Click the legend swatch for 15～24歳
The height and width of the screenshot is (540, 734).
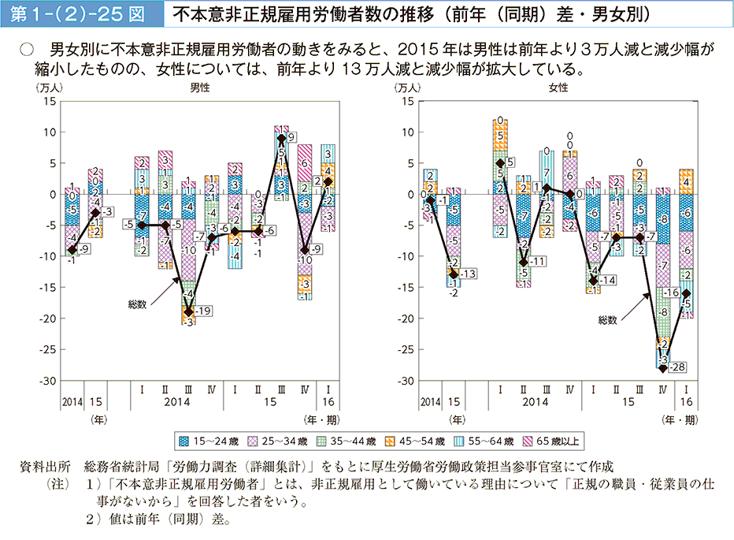[x=183, y=440]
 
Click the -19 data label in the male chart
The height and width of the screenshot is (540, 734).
[x=204, y=311]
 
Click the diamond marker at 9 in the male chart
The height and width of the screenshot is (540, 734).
[x=281, y=138]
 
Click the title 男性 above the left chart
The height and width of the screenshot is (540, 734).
[x=199, y=88]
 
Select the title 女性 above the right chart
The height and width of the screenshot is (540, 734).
[x=558, y=88]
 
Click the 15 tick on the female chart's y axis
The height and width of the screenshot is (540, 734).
[x=408, y=102]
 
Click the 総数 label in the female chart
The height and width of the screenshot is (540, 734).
[x=607, y=320]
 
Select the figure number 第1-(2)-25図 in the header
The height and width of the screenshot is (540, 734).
[x=81, y=13]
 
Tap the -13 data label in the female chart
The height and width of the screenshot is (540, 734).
[x=467, y=274]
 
